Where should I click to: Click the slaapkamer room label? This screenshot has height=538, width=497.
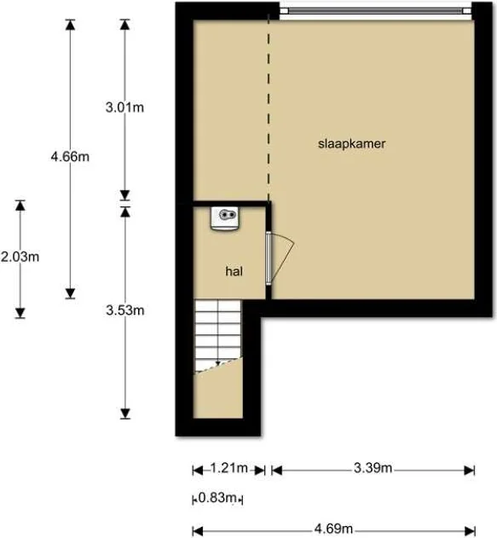(x=351, y=144)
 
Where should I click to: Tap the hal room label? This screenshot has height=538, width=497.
(x=234, y=271)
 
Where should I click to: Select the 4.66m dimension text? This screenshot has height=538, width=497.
(x=70, y=157)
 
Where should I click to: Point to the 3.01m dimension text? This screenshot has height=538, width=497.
(x=124, y=107)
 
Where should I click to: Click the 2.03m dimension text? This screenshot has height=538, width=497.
(x=20, y=257)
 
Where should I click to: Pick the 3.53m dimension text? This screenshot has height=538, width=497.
(x=125, y=310)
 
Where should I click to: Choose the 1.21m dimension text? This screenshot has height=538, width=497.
(x=228, y=468)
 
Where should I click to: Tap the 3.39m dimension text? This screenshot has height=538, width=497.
(x=373, y=468)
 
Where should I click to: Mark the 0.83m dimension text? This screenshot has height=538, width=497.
(x=217, y=498)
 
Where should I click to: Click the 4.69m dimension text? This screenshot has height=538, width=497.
(x=333, y=529)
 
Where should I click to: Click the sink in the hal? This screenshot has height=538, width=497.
(x=225, y=218)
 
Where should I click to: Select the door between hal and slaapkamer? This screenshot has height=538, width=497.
(x=280, y=258)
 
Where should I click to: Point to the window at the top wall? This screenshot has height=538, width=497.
(x=376, y=11)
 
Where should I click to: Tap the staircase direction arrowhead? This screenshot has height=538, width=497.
(x=217, y=363)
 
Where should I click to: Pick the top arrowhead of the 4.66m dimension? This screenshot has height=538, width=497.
(x=70, y=25)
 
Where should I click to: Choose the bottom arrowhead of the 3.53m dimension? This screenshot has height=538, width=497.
(x=125, y=414)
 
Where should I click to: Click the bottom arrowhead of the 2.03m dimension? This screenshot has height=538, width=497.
(x=20, y=313)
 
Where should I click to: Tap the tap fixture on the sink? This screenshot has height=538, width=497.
(x=228, y=215)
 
